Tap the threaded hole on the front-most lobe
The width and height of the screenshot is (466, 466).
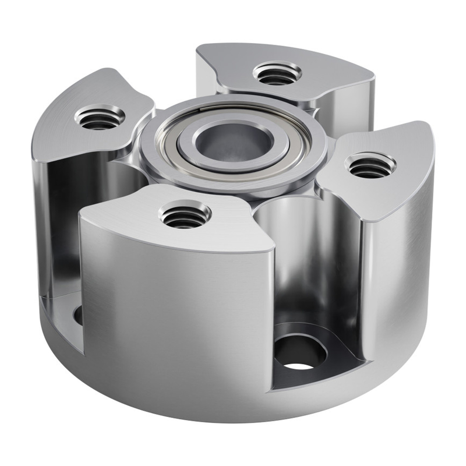click(185, 215)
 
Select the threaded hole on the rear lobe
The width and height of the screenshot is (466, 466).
click(277, 74)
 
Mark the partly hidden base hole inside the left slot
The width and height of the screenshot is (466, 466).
click(78, 315)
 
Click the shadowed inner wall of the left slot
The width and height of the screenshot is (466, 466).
click(61, 233)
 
